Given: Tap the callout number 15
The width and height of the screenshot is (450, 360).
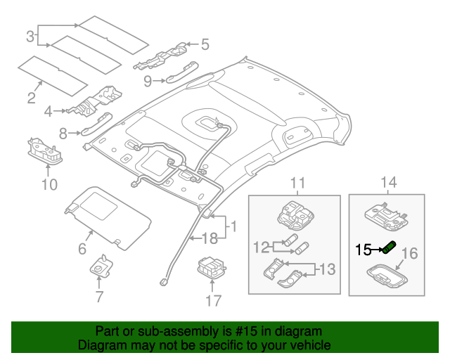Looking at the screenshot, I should (x=363, y=250).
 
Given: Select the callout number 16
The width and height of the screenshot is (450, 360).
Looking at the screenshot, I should (x=410, y=253).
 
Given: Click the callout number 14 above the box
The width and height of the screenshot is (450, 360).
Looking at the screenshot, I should (x=388, y=184).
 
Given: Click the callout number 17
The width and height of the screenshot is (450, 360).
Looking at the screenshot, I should (x=212, y=302).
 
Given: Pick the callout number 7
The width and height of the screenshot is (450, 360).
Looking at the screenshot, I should (x=99, y=297).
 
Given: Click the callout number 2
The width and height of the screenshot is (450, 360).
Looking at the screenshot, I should (x=31, y=98).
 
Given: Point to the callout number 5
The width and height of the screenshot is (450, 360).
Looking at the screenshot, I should (x=205, y=45).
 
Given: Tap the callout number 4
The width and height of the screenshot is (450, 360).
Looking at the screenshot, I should (x=48, y=111).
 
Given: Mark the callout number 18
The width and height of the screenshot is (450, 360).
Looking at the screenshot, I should (x=210, y=238).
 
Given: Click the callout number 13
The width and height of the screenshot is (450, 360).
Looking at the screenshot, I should (x=326, y=269).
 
